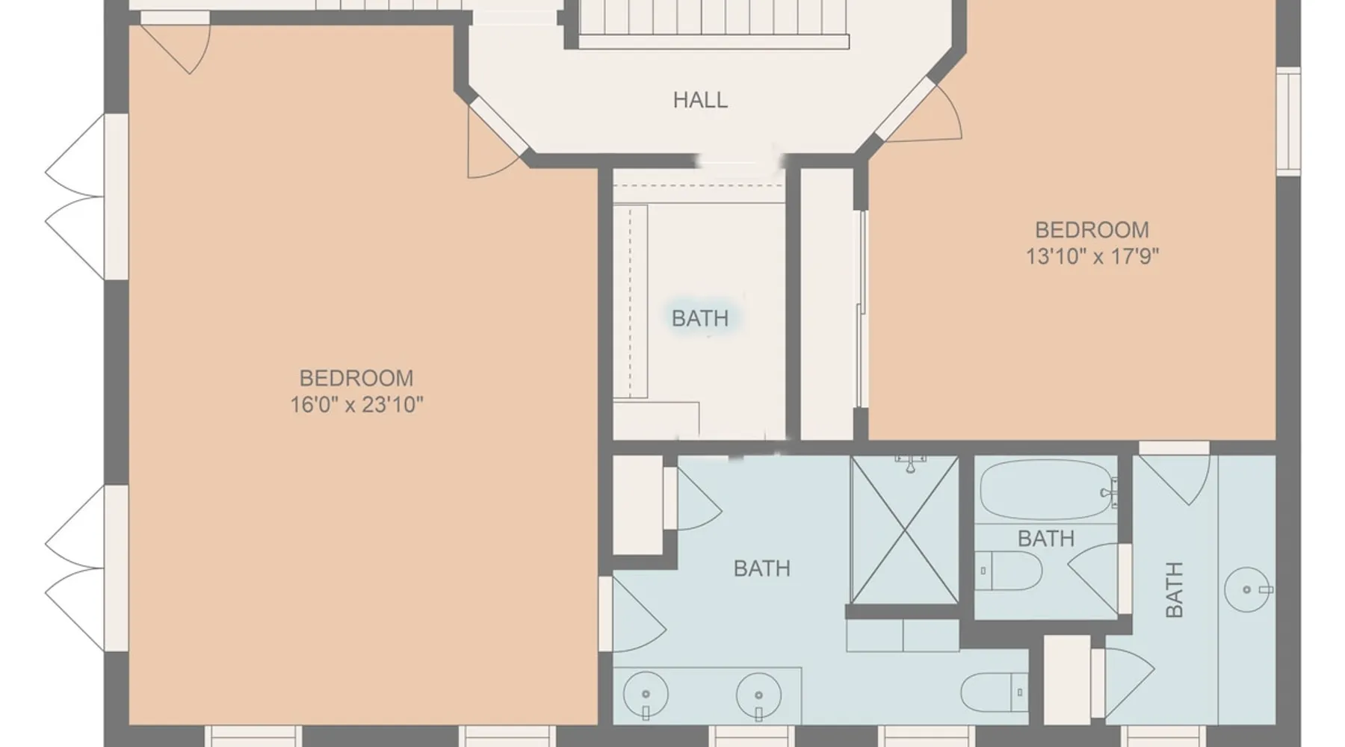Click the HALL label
coord(700,99)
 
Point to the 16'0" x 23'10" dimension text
coord(356,405)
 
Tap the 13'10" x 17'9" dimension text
coord(1092,256)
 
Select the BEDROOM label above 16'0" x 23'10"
coord(356,378)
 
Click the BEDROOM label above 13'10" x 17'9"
coord(1092,229)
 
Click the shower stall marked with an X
coord(905,530)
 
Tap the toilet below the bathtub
coord(1009,571)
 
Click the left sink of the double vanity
coord(646,695)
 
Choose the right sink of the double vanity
coord(758,695)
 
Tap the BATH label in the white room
coord(700,318)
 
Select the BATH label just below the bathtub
coord(1046,538)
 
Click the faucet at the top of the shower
coord(910,463)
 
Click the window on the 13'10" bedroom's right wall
coord(1288,121)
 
